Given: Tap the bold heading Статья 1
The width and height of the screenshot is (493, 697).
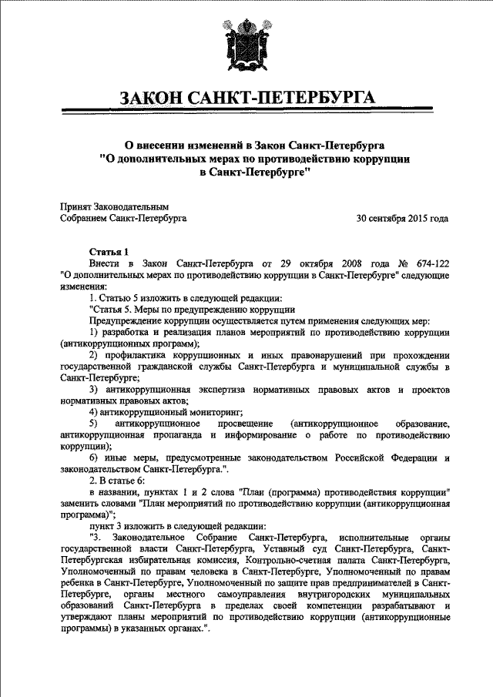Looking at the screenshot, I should (x=111, y=251).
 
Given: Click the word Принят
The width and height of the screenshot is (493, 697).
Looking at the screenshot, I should (x=75, y=206).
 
